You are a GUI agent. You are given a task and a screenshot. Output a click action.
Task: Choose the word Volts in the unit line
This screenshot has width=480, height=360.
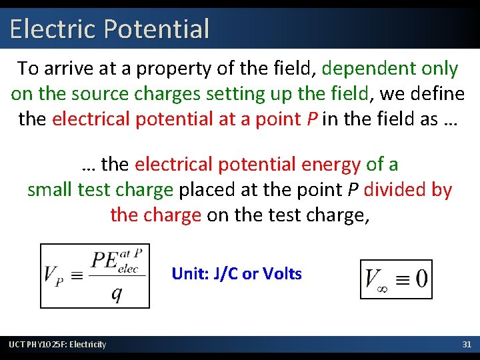coord(282,273)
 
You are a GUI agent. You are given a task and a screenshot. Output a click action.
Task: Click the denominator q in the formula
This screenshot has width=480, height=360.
coord(117,294)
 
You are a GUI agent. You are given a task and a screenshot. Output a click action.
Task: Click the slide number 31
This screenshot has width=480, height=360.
coord(467,344)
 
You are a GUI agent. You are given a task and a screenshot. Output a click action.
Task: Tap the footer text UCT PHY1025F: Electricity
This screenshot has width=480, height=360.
coord(57,344)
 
